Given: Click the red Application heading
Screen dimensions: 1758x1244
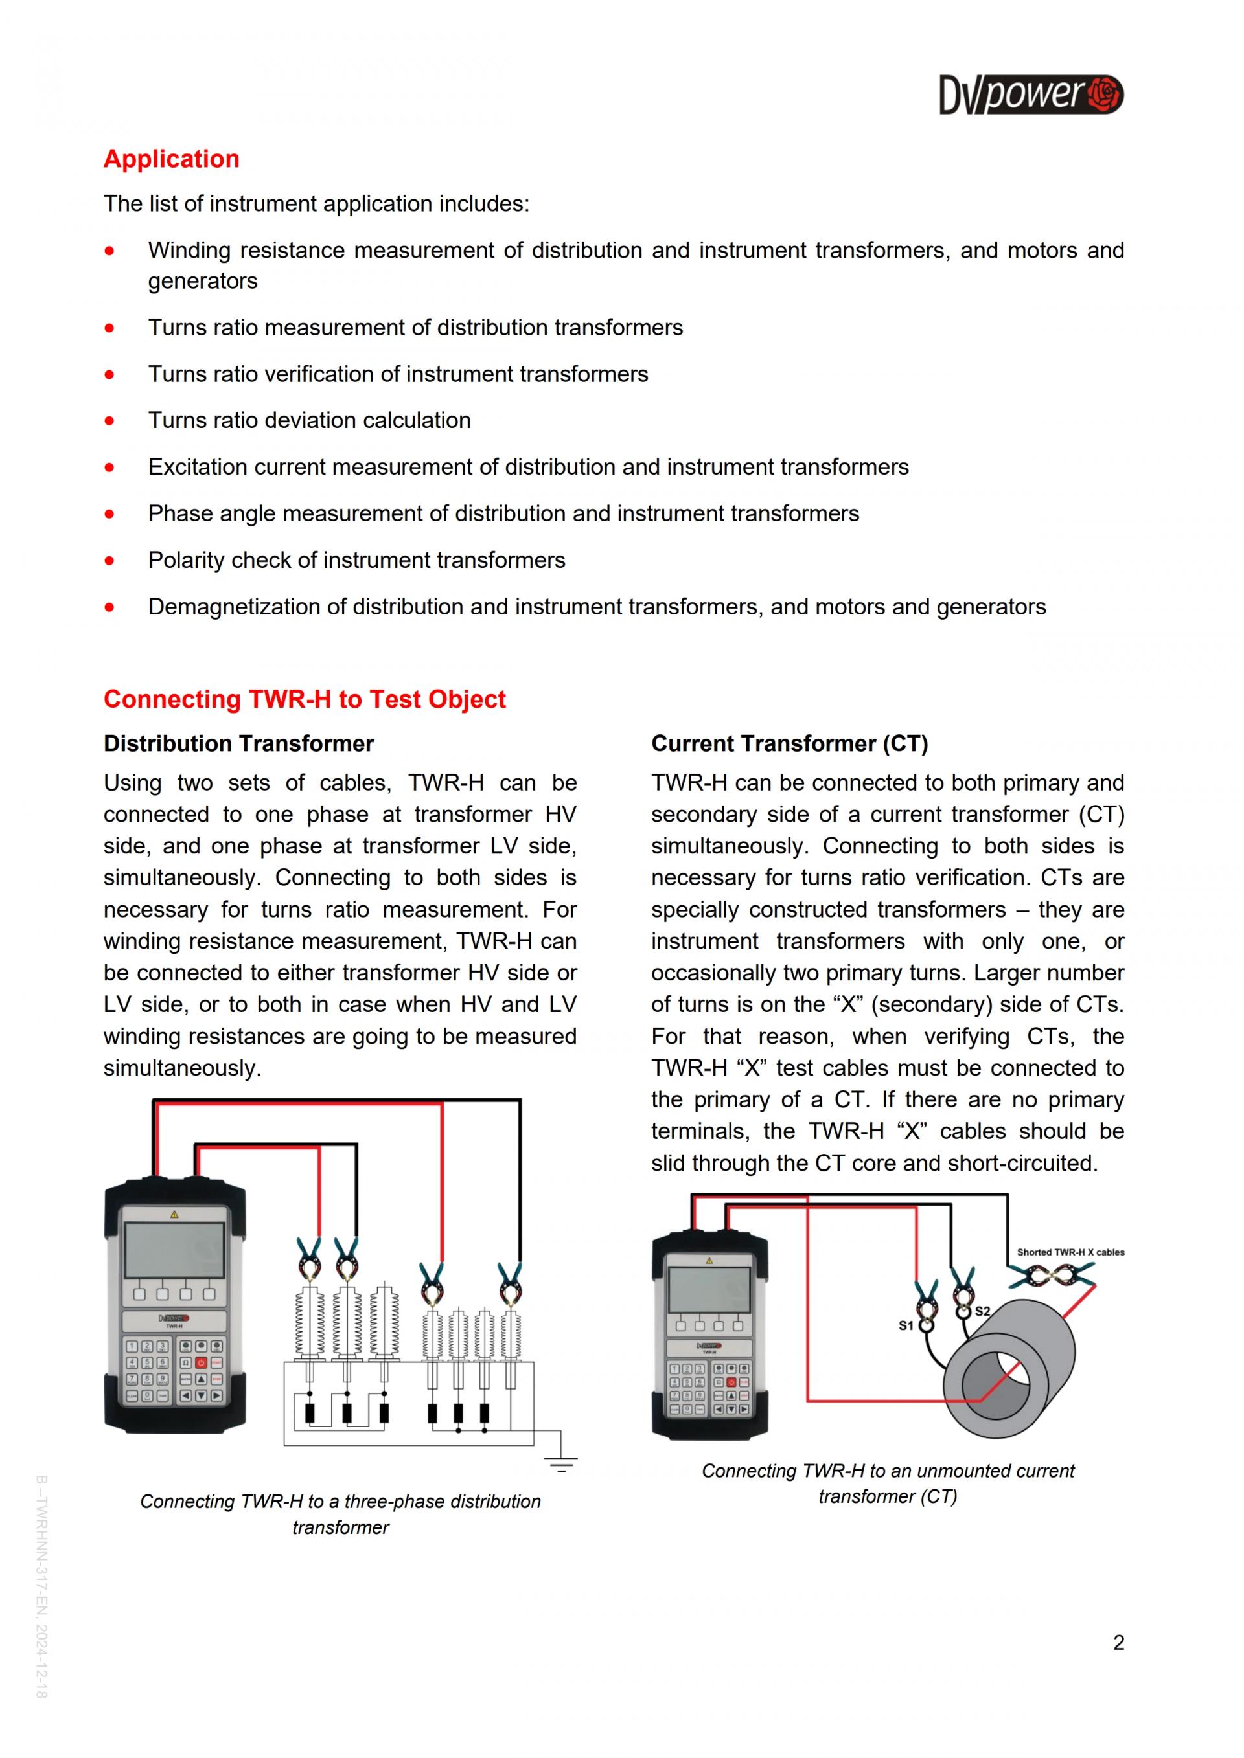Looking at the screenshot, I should (172, 159).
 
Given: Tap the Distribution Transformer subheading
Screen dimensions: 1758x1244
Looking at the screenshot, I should (238, 743).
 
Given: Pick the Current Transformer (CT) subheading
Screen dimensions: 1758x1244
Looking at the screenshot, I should (789, 743).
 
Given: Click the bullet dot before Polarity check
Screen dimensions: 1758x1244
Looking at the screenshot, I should (110, 561).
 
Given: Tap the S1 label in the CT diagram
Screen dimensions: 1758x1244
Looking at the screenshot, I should (905, 1325).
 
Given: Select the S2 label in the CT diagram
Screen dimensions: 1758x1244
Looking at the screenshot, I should (982, 1311).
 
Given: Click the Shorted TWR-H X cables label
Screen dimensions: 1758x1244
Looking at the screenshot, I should (1070, 1252).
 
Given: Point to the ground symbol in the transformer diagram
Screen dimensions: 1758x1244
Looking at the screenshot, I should (560, 1465).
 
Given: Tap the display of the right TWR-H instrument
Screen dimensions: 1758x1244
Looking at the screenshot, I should (709, 1289).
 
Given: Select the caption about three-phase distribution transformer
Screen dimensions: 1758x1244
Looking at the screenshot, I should (340, 1514).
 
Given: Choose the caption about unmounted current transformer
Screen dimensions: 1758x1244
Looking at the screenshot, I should (888, 1483).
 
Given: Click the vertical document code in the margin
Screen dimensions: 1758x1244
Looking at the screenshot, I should (41, 1585).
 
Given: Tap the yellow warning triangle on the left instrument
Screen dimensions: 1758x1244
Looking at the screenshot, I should (175, 1214).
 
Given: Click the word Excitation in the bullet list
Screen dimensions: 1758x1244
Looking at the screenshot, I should (198, 467).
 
